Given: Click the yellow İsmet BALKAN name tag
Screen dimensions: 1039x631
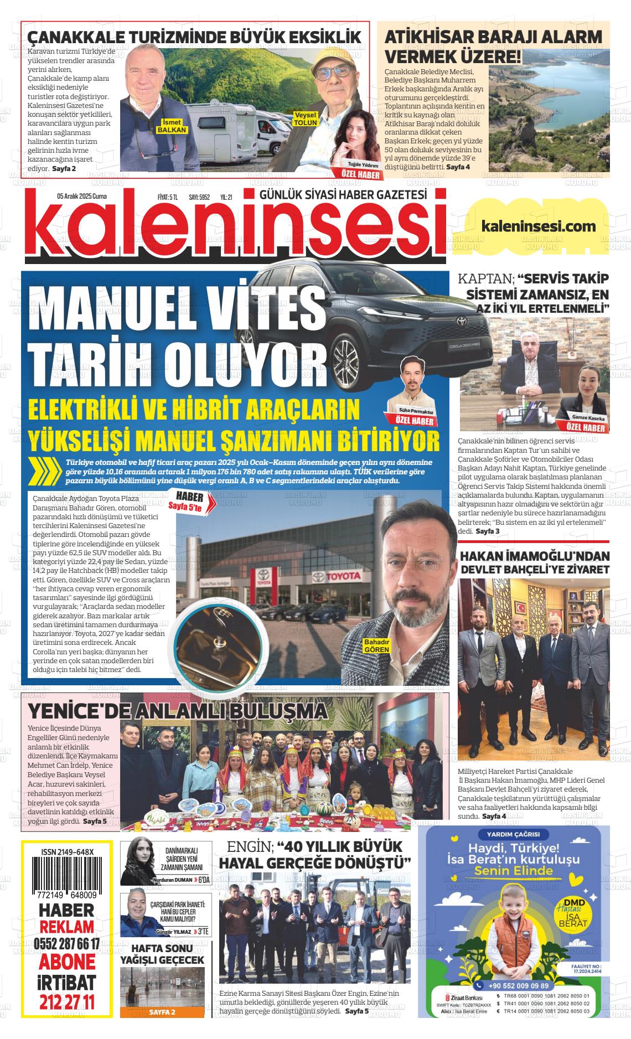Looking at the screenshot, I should (173, 126).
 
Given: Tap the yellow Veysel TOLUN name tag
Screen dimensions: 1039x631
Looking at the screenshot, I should (305, 118).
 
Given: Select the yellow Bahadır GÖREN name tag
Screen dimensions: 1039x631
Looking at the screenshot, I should (377, 645).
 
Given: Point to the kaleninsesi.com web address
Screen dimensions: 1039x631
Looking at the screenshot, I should (539, 226).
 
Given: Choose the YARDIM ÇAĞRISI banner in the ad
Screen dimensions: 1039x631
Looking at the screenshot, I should (509, 835).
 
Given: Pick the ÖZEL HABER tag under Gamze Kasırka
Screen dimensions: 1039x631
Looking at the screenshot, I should (586, 428).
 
